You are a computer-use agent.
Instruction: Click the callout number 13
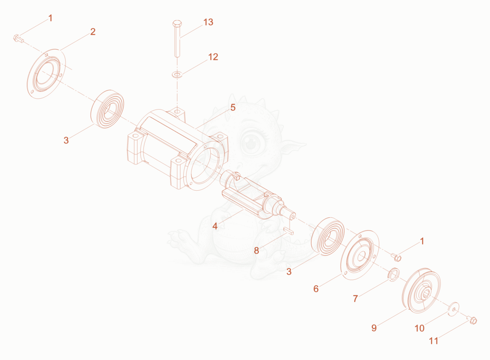tap(208, 22)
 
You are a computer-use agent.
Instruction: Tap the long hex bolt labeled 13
tap(177, 39)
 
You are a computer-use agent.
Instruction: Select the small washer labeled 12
tap(177, 75)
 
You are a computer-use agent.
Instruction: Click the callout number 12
tap(213, 57)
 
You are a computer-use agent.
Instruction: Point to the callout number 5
tap(233, 107)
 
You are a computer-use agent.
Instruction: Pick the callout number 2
tap(93, 32)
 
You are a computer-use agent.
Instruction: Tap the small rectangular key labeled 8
tap(289, 231)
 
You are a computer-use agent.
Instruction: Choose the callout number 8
tap(257, 250)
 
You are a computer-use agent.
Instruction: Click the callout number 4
tap(215, 226)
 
